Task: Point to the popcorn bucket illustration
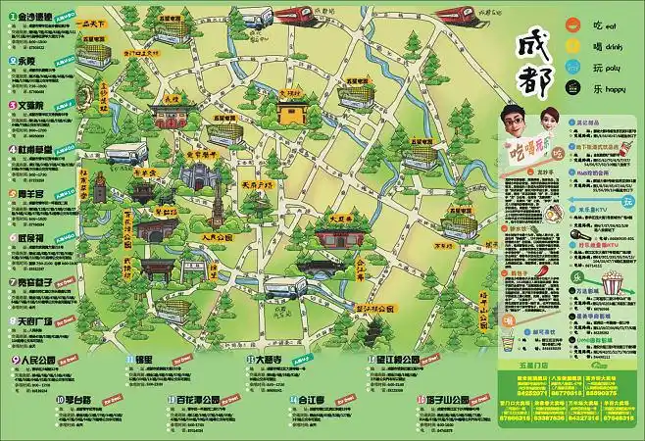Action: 615,283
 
